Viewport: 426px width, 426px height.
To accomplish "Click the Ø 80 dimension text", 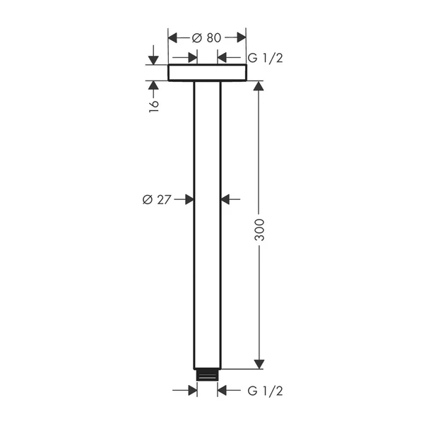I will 206,38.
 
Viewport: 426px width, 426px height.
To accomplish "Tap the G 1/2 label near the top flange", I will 265,57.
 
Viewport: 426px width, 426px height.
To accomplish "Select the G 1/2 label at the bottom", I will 265,391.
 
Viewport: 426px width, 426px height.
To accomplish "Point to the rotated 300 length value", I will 259,228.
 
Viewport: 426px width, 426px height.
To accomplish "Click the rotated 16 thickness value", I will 154,105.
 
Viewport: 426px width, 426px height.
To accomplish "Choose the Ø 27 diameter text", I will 157,200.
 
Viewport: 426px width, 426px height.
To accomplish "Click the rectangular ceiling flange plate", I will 207,73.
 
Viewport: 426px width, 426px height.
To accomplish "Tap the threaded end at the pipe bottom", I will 207,374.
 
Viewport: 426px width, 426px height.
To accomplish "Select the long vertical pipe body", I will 207,226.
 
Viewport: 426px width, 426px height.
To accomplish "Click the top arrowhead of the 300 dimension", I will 259,86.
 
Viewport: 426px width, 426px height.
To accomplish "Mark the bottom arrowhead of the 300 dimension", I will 259,363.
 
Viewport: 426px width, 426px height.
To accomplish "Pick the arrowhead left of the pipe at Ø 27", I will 189,200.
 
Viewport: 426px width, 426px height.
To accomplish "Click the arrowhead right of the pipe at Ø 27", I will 225,200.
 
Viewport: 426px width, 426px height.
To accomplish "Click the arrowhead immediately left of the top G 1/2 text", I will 222,57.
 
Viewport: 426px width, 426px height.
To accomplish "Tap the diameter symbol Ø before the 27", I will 147,200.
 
